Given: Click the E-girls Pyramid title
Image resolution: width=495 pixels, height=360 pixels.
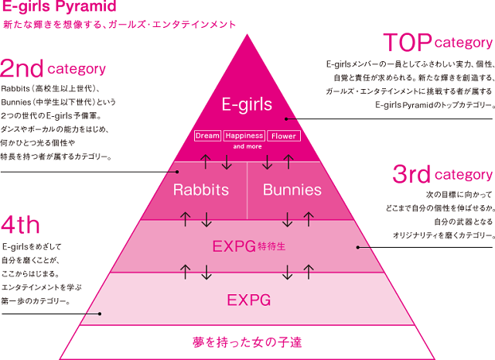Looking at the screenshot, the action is click(59, 6).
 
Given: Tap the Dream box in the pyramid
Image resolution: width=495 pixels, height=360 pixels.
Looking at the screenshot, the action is click(207, 135).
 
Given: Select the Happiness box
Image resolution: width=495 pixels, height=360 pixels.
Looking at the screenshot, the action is click(244, 135).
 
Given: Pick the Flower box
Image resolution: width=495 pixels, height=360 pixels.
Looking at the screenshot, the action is click(284, 136).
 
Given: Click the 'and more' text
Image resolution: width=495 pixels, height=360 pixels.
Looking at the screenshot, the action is click(247, 146).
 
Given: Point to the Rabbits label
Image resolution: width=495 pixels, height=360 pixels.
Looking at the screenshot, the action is click(201, 190).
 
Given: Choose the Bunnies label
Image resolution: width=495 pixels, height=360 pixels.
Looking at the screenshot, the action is click(292, 190).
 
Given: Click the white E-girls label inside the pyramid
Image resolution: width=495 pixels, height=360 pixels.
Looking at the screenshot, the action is click(247, 105).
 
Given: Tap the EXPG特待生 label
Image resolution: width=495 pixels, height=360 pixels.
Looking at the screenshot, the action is click(249, 246).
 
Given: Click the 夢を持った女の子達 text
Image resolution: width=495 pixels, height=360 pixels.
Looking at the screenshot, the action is click(247, 342).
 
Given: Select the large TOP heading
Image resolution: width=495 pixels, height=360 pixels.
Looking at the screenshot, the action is click(408, 43).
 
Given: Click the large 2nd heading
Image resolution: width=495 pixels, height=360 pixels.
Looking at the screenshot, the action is click(22, 68).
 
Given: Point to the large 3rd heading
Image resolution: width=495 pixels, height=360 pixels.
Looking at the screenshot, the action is click(411, 174).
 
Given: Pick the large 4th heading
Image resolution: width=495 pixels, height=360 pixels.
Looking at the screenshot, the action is click(21, 225).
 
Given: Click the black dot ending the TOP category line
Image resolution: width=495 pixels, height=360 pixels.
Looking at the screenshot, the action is click(286, 119).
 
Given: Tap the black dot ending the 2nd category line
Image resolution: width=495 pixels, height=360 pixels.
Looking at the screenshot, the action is click(177, 172).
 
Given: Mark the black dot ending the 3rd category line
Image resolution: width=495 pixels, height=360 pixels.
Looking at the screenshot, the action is click(357, 247).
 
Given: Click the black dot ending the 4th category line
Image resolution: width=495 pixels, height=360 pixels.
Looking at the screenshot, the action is click(100, 314).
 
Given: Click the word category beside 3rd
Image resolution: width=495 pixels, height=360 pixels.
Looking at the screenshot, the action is click(463, 175).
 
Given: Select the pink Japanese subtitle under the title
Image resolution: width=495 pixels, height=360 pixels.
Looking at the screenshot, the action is click(120, 25).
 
